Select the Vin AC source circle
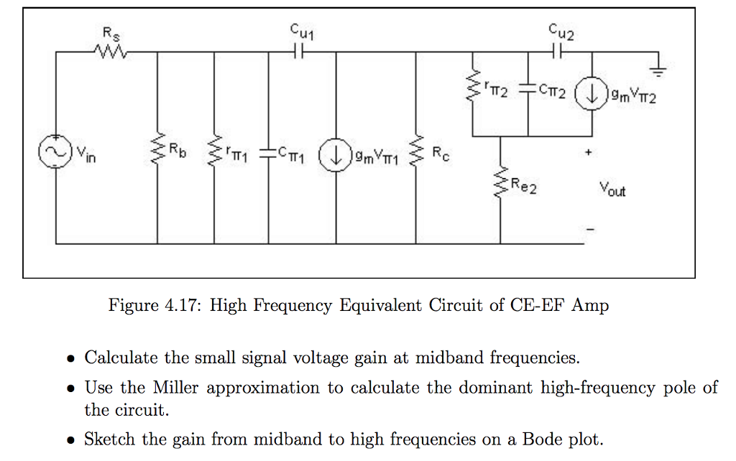pyautogui.click(x=56, y=153)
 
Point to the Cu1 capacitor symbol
pyautogui.click(x=301, y=52)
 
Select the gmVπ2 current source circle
pyautogui.click(x=593, y=95)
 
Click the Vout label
pyautogui.click(x=612, y=190)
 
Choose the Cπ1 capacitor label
pyautogui.click(x=293, y=152)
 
